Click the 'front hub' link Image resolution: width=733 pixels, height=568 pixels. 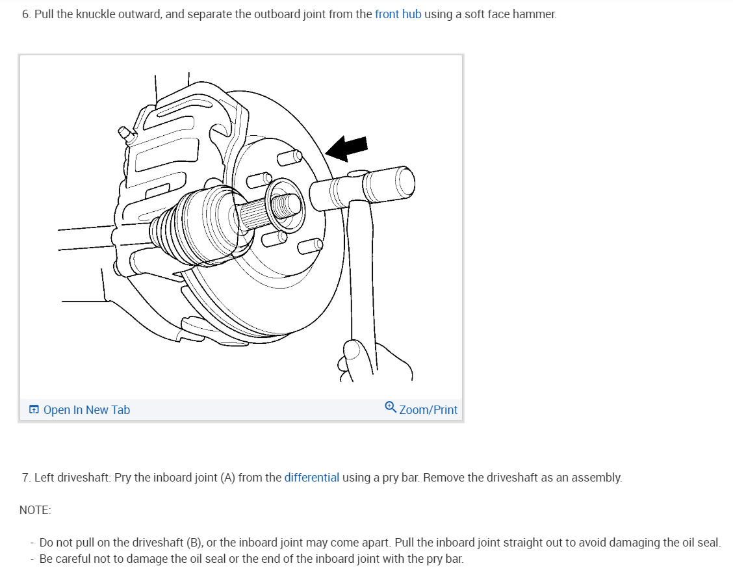[398, 14]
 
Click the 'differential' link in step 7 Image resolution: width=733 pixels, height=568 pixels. [311, 478]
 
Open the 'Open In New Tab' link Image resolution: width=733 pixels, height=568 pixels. [86, 410]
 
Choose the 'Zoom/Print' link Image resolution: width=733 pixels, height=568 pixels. [428, 410]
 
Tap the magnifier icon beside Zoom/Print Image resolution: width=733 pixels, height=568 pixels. [390, 407]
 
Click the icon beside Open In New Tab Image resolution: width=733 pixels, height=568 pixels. [34, 410]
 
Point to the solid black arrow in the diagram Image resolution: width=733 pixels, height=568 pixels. [347, 149]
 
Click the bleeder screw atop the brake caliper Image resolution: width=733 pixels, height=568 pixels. [125, 133]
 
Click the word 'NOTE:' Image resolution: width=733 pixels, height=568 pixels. [35, 510]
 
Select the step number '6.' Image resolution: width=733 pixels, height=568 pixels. [26, 14]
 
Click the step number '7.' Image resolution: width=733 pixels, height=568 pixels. [26, 478]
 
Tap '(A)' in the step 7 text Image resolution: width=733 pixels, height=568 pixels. [227, 478]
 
